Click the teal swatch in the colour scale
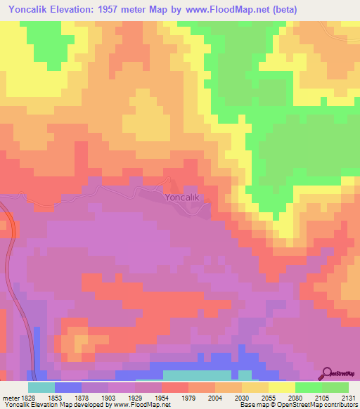pyautogui.click(x=41, y=387)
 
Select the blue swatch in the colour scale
pyautogui.click(x=68, y=387)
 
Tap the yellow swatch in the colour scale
pyautogui.click(x=282, y=387)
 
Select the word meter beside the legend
pyautogui.click(x=11, y=398)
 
